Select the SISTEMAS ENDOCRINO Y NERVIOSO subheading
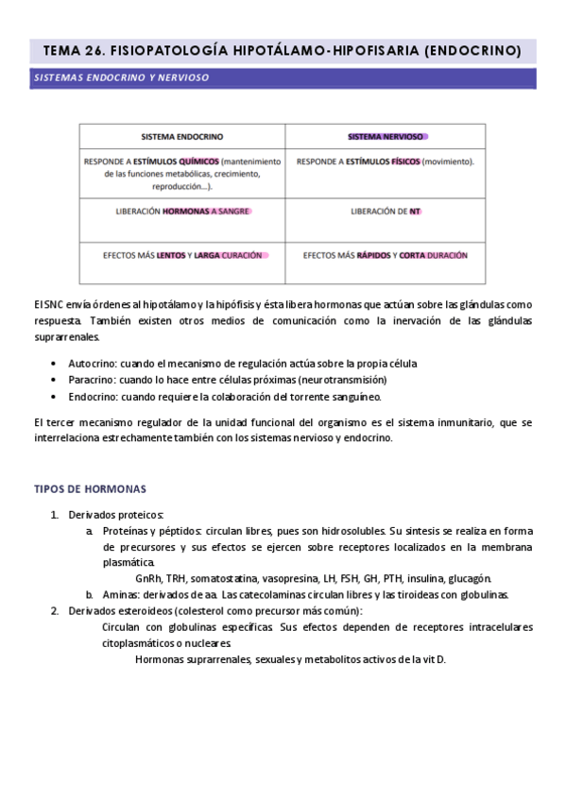pyautogui.click(x=121, y=77)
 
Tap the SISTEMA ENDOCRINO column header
pyautogui.click(x=182, y=136)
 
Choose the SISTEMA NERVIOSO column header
pyautogui.click(x=386, y=136)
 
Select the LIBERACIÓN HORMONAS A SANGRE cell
pyautogui.click(x=181, y=212)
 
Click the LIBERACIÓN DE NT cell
pyautogui.click(x=386, y=212)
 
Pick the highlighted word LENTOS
pyautogui.click(x=171, y=255)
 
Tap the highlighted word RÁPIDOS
pyautogui.click(x=374, y=255)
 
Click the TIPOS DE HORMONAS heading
pyautogui.click(x=90, y=488)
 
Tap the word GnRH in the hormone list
pyautogui.click(x=149, y=578)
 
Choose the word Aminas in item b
pyautogui.click(x=119, y=595)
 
